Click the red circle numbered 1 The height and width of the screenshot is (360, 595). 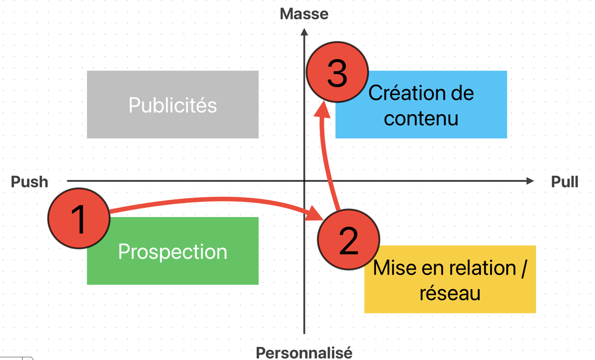click(x=79, y=218)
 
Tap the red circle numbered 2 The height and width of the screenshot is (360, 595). click(x=348, y=239)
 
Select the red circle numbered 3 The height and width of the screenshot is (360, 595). click(x=337, y=72)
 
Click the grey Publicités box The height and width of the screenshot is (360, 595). click(x=173, y=105)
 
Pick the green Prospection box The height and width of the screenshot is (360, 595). click(x=173, y=251)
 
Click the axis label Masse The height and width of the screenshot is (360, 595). click(x=304, y=14)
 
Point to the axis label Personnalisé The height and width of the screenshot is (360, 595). click(x=304, y=353)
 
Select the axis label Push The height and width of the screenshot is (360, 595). click(x=29, y=182)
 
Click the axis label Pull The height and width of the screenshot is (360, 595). click(x=564, y=182)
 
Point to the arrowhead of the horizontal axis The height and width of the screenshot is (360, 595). click(x=530, y=181)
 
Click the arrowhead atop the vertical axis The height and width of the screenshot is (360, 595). click(x=304, y=32)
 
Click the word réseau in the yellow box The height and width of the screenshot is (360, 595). click(x=450, y=293)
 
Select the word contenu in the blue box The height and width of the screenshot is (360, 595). click(x=421, y=118)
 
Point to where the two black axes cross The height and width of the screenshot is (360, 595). click(x=304, y=181)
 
